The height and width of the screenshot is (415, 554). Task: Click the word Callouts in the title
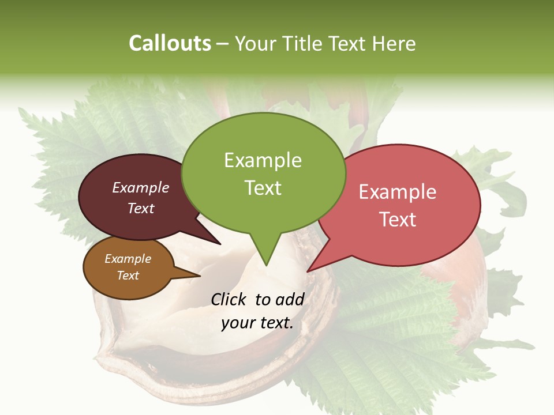click(170, 43)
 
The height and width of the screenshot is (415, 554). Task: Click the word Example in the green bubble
click(263, 160)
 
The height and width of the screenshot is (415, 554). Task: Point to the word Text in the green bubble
click(263, 188)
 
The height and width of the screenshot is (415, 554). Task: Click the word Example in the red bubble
click(398, 192)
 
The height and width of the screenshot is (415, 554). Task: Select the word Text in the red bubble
click(398, 220)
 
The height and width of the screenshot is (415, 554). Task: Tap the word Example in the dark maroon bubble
click(140, 187)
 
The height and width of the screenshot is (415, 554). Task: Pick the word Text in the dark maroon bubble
click(140, 208)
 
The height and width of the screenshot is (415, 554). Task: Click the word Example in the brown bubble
click(128, 259)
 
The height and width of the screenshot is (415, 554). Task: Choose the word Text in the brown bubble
click(128, 276)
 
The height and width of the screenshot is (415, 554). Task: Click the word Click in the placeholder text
click(230, 299)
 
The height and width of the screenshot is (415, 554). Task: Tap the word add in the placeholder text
click(290, 299)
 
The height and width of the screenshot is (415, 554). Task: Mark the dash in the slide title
click(223, 44)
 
